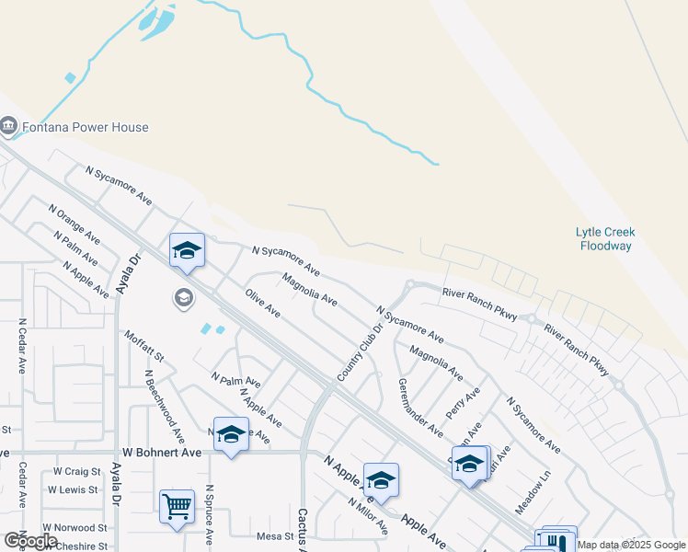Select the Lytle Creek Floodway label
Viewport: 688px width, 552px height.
pyautogui.click(x=606, y=239)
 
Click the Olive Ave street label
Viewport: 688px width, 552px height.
pyautogui.click(x=263, y=303)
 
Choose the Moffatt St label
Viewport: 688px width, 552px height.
pyautogui.click(x=144, y=346)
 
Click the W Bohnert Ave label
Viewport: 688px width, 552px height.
pyautogui.click(x=162, y=453)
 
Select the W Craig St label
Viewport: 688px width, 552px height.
pyautogui.click(x=75, y=471)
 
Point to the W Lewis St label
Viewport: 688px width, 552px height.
pyautogui.click(x=75, y=489)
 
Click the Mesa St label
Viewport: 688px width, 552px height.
pyautogui.click(x=274, y=535)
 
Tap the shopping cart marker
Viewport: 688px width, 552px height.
pyautogui.click(x=177, y=505)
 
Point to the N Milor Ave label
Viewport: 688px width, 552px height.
pyautogui.click(x=368, y=516)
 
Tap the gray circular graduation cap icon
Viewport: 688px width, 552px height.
pyautogui.click(x=183, y=297)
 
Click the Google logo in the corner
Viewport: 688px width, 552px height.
pyautogui.click(x=29, y=541)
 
